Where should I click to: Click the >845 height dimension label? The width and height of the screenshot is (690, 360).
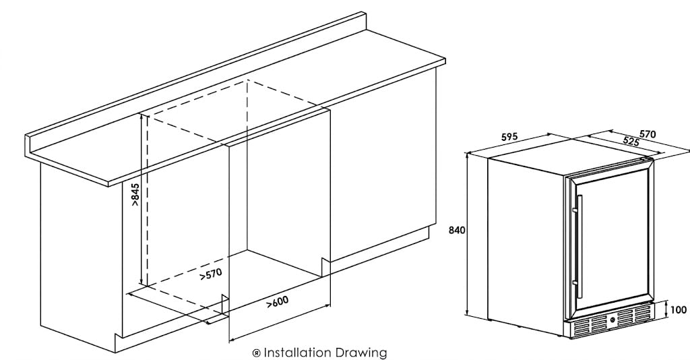point(135,194)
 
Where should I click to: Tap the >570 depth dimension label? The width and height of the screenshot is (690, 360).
point(210,274)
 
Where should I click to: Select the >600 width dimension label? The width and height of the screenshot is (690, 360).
point(278,302)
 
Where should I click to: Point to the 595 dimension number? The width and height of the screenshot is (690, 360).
point(509,138)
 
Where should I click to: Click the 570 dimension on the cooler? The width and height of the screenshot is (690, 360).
point(648,134)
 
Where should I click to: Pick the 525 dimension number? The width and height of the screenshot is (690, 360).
point(631,142)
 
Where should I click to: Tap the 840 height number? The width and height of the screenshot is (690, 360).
point(457,230)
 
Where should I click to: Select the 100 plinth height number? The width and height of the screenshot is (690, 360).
point(678,310)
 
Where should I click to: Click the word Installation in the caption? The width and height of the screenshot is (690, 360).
point(297,353)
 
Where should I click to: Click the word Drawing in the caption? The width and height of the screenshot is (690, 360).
point(361,353)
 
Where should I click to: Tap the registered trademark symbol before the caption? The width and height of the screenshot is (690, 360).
point(256,353)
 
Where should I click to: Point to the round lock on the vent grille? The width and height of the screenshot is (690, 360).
point(612,321)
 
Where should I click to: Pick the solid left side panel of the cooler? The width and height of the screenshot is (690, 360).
point(526,247)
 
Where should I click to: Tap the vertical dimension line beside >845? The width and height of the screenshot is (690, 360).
point(142,200)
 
